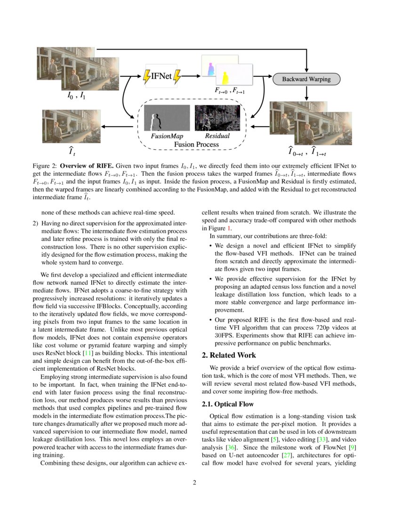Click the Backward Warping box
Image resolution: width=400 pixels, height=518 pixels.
click(x=306, y=79)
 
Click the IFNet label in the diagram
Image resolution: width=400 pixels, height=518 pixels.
click(x=161, y=76)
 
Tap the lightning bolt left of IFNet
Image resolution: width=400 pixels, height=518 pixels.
click(x=147, y=76)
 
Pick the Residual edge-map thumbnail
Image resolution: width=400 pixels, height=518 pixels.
click(x=217, y=118)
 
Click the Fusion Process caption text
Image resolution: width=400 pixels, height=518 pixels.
click(x=196, y=144)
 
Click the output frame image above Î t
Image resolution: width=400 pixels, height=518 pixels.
click(x=71, y=126)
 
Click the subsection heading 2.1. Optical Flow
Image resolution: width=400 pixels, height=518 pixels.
click(x=228, y=404)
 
